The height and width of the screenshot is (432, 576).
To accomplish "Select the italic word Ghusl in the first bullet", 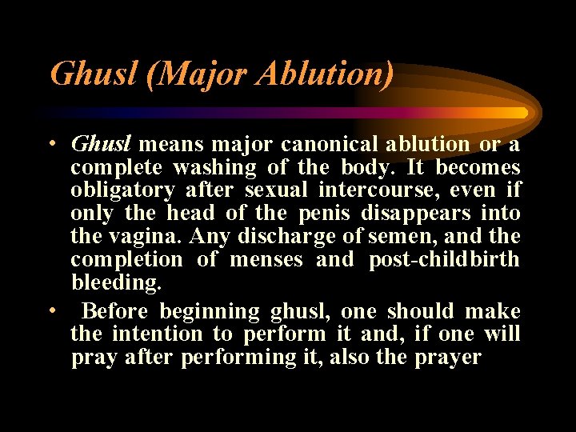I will (x=101, y=145).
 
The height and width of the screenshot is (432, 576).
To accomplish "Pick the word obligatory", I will (x=122, y=191).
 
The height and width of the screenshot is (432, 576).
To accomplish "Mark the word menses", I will (x=267, y=260).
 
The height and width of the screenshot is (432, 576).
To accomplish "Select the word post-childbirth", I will (x=444, y=260).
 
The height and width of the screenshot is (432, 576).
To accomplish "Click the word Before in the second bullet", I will (x=116, y=311).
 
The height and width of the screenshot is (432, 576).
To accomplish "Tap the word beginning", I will (x=210, y=311).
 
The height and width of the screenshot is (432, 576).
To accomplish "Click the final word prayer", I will (x=448, y=357).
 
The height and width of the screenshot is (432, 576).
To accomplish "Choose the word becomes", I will (x=478, y=168).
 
